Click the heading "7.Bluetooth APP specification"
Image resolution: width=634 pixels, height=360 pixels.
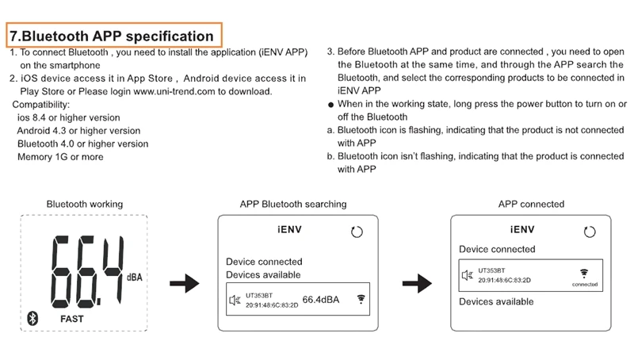coord(112,36)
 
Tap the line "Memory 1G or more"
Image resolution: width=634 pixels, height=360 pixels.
coord(60,157)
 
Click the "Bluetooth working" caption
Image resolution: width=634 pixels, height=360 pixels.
coord(85,205)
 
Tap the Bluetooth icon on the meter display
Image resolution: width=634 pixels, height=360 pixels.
coord(33,317)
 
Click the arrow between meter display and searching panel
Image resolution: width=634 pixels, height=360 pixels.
coord(185,283)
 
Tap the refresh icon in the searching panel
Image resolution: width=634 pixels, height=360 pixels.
coord(357,232)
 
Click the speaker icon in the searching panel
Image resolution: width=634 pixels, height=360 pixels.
coord(235,300)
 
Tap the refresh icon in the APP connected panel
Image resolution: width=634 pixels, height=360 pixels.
coord(589,232)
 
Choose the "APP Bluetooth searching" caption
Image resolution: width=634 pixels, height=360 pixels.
coord(293,205)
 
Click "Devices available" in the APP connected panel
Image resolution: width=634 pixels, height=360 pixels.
coord(496,302)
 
